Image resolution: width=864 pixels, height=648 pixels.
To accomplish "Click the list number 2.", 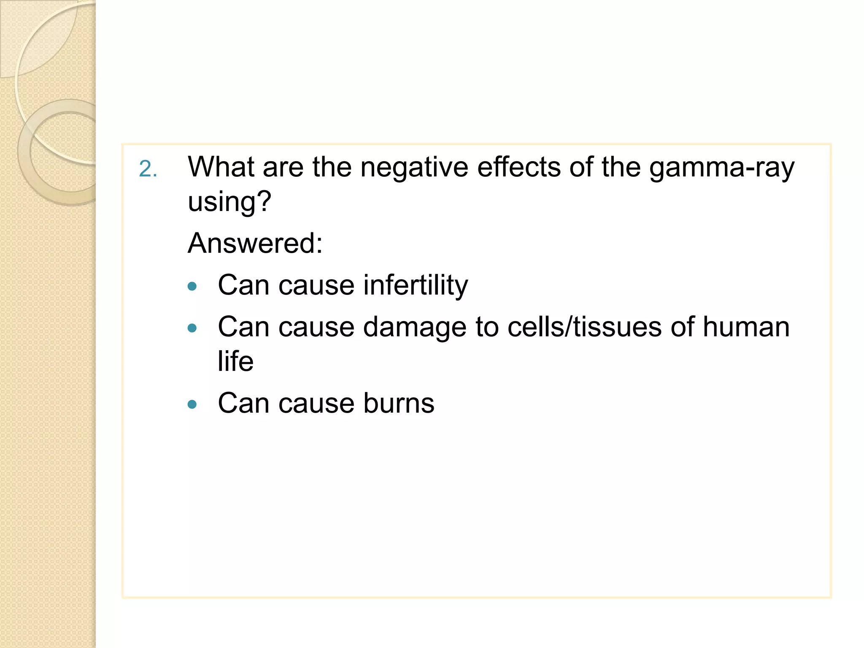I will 147,169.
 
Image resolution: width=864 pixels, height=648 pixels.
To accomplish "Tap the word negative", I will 414,168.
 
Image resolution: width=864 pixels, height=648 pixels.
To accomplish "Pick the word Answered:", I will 255,243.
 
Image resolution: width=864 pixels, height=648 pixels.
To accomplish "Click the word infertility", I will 416,286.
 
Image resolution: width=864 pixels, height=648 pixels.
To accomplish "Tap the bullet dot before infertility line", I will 192,287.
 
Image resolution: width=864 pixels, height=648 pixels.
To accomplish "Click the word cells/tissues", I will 584,327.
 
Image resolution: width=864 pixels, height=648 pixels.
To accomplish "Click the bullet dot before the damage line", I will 192,328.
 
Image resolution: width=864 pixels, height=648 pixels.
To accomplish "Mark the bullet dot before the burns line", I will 192,405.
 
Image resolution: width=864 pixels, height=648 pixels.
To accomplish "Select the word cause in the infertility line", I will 316,286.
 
